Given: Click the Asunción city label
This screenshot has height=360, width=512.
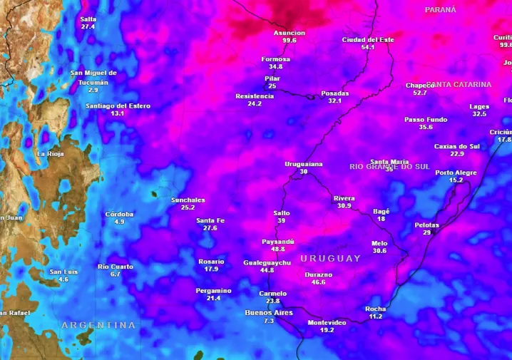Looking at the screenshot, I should (290, 33).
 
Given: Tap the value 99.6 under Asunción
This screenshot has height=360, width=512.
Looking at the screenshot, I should (290, 41).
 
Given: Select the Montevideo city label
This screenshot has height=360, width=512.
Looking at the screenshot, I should (327, 323).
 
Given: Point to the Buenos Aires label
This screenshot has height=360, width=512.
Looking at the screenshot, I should (269, 312).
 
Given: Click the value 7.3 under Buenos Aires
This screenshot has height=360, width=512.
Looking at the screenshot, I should (269, 321).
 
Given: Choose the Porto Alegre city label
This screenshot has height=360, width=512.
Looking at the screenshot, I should (456, 173).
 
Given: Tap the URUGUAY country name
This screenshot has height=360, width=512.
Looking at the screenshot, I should (330, 258).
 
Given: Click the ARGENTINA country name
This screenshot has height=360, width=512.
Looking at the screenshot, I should (98, 325).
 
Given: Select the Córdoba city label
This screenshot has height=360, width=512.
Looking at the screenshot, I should (119, 214).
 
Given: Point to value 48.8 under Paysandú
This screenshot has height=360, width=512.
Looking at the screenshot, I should (278, 250).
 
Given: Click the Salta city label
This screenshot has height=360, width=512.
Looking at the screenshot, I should (88, 19).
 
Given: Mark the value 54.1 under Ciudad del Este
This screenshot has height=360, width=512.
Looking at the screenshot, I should (368, 47).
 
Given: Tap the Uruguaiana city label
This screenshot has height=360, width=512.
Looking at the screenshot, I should (304, 164).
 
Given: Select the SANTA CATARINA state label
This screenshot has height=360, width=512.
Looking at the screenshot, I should (460, 84).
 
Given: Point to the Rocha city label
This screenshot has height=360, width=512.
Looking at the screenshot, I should (376, 309).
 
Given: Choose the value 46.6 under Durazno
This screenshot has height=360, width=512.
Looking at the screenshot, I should (318, 282).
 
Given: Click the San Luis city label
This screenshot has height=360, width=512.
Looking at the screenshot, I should (63, 272).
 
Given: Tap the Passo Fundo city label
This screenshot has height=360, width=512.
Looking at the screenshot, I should (426, 119).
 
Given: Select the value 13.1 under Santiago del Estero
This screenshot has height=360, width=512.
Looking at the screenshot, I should (118, 113).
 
